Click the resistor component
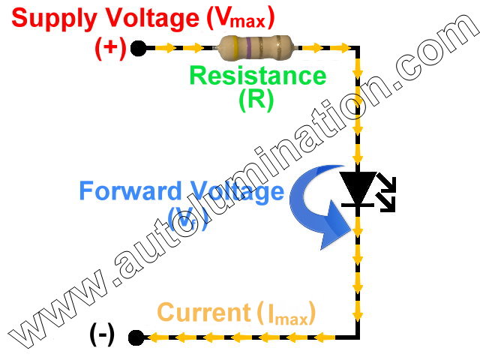pyautogui.click(x=256, y=48)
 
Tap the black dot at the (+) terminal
pyautogui.click(x=137, y=49)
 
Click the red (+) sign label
pyautogui.click(x=109, y=48)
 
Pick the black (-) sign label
pyautogui.click(x=102, y=334)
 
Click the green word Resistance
pyautogui.click(x=257, y=75)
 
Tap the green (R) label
pyautogui.click(x=256, y=100)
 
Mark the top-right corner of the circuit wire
pyautogui.click(x=358, y=48)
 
